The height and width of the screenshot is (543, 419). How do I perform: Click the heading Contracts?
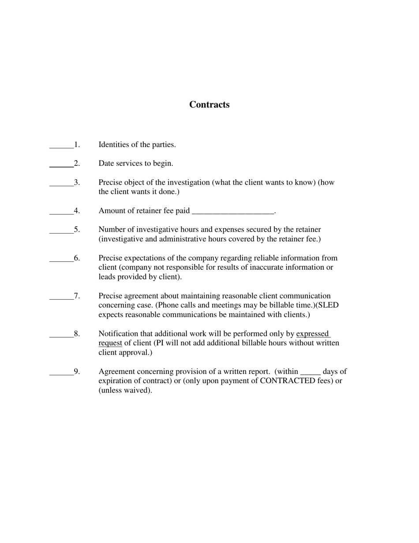click(209, 105)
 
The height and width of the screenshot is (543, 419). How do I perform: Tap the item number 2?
click(77, 163)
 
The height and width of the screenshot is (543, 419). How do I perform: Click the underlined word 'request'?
click(110, 343)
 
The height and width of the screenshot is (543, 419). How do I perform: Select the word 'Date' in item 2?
click(106, 163)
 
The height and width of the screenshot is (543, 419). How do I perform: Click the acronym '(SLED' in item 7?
click(327, 305)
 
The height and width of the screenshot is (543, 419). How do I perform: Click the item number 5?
click(77, 230)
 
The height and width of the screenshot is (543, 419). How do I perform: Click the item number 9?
click(77, 371)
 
